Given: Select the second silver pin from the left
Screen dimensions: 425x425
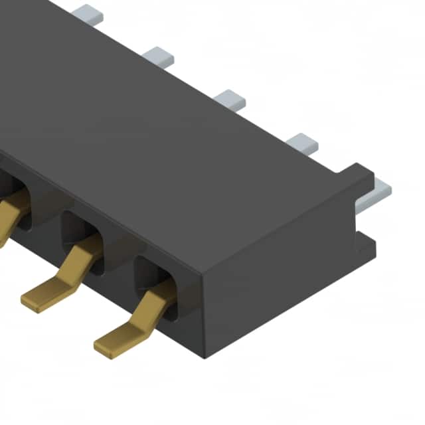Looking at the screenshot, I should pos(158,55).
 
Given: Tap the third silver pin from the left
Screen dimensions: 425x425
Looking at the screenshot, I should pos(230,100).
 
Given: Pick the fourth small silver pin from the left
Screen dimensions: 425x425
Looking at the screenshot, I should pos(302,143).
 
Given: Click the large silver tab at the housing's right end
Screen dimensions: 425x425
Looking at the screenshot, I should pos(379,193).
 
